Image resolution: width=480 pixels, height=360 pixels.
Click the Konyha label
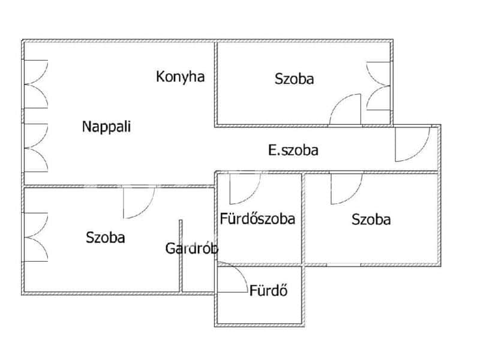(181, 77)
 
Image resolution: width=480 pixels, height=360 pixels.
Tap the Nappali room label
(107, 127)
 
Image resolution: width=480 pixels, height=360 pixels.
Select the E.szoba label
(293, 150)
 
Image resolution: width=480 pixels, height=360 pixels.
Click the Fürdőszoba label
(257, 218)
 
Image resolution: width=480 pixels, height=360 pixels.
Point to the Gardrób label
(192, 248)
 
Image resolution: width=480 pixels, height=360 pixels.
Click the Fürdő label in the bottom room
(268, 290)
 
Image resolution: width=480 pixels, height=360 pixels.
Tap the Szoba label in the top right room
(294, 79)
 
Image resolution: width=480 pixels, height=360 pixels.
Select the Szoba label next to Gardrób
(106, 238)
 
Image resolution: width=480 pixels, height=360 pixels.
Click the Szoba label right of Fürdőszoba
(371, 220)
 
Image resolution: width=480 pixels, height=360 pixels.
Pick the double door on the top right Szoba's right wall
(379, 86)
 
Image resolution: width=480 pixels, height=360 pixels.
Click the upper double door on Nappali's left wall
(36, 84)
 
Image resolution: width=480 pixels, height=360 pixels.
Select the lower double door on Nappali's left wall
(36, 148)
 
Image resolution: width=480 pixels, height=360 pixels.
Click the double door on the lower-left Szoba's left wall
(36, 237)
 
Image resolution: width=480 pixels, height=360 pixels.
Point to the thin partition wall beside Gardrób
(181, 256)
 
